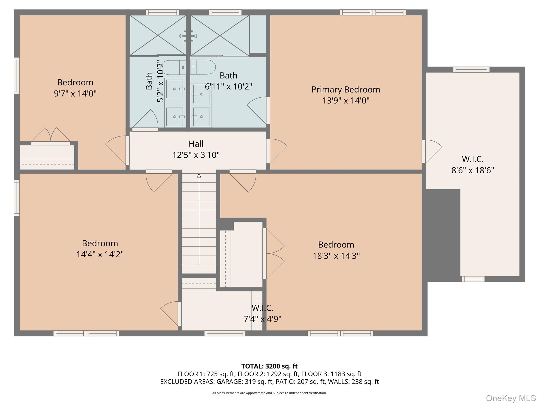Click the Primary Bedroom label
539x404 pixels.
[x=346, y=90]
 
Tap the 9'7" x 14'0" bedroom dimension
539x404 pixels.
[x=75, y=94]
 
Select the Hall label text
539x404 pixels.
[x=196, y=144]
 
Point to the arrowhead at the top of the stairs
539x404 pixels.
[x=199, y=175]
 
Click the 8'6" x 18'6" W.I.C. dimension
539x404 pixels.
[x=473, y=170]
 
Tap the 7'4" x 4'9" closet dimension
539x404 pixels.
[x=262, y=319]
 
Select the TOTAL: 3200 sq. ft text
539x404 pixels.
[x=269, y=366]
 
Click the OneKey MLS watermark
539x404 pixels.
[x=511, y=398]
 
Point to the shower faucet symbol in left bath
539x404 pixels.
[x=188, y=36]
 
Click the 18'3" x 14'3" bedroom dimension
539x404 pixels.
[x=336, y=256]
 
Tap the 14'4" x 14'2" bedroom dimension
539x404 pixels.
[x=100, y=254]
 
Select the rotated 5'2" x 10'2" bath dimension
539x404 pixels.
[x=160, y=81]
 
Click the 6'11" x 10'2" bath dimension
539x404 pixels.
[x=228, y=87]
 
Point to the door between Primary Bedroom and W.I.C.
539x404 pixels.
[x=432, y=151]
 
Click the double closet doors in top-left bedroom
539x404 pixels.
[x=51, y=136]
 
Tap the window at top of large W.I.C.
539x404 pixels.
[x=471, y=70]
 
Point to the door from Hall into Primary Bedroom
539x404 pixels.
[x=276, y=151]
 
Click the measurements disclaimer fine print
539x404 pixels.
[x=269, y=393]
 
